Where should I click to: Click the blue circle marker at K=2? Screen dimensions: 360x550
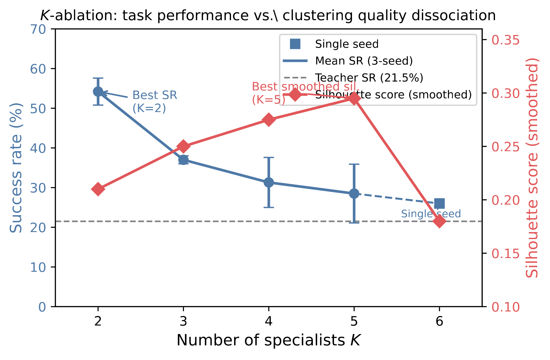98,91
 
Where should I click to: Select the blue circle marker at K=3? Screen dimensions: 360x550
183,160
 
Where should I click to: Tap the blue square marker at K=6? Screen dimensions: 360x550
439,203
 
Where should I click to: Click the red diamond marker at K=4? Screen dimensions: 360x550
269,120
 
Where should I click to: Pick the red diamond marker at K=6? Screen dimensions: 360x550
439,221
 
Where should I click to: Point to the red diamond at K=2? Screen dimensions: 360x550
98,189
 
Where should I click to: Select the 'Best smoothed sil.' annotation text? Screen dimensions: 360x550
306,87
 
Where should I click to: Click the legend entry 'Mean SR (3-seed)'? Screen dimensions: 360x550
364,61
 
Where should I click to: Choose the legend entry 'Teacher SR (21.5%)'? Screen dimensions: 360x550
369,78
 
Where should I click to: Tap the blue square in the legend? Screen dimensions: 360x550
295,44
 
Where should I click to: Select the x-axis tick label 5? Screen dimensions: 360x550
354,322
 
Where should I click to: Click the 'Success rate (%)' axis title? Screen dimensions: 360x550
16,168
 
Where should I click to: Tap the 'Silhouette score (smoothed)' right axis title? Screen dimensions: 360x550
532,168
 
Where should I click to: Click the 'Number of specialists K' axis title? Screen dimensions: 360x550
269,340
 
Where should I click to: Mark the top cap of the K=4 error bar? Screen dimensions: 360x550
269,158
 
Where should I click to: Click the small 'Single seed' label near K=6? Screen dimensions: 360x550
431,214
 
